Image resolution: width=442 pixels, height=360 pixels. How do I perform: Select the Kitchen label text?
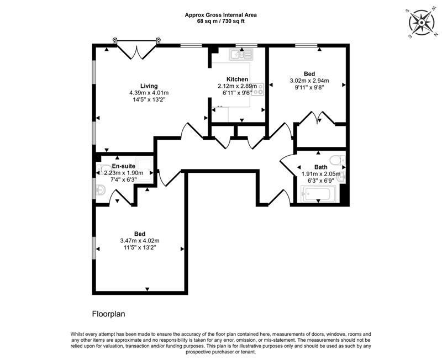pos(237,80)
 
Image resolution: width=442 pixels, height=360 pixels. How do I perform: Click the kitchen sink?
pos(241,54)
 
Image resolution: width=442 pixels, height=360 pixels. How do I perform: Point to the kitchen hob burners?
pos(260,88)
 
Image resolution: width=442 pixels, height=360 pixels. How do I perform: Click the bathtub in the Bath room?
pos(319,194)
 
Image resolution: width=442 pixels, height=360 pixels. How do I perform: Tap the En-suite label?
pos(123,166)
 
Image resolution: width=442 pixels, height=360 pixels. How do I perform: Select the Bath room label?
pos(320,167)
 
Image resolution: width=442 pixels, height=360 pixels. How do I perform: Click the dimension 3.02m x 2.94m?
pos(309,80)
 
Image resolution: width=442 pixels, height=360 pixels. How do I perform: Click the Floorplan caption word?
pos(109,314)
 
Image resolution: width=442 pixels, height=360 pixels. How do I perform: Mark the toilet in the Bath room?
pos(341,161)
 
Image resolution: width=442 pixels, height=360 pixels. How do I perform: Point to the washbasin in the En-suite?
pos(101,190)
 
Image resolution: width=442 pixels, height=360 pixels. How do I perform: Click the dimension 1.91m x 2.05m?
pos(320,173)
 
